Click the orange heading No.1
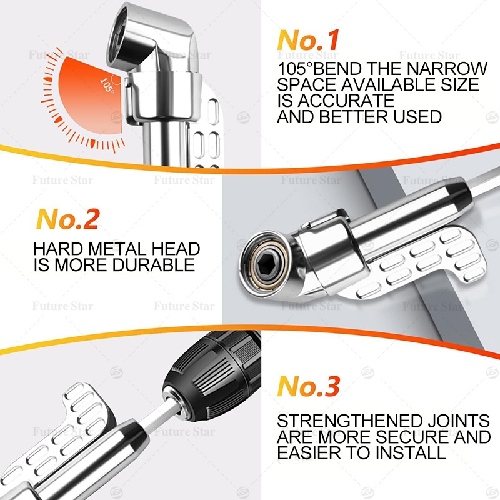307,40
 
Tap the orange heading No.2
67,219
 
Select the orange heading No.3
308,386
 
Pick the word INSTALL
411,452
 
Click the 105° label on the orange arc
107,86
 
